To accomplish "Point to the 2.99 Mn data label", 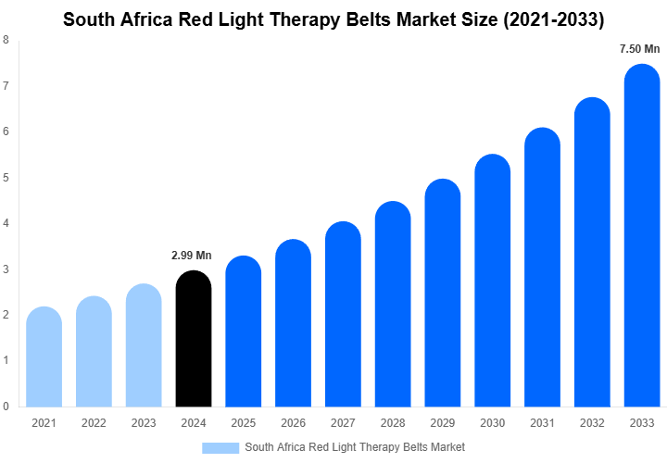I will pos(192,255).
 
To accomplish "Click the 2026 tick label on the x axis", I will pos(293,423).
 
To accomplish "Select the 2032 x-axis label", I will pos(592,423).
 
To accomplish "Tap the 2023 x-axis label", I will pos(144,423).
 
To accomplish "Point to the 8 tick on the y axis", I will pos(6,41).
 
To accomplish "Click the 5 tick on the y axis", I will pos(6,178).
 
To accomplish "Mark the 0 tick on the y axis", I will pos(6,407).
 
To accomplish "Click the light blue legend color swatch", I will pos(220,447).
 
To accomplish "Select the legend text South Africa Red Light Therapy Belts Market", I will pos(355,447).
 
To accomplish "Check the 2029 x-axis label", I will pos(443,423).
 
